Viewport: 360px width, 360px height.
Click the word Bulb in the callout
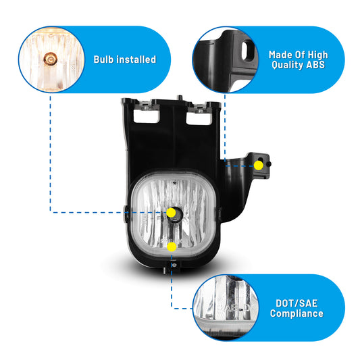point(103,59)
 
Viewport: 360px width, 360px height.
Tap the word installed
point(136,59)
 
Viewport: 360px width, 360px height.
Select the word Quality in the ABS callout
point(287,65)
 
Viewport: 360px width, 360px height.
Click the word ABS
point(315,65)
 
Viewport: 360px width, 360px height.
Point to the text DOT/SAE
point(297,303)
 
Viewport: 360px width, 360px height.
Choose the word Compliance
point(297,313)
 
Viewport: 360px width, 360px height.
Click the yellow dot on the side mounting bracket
point(258,165)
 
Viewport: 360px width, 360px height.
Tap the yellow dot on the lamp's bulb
point(171,213)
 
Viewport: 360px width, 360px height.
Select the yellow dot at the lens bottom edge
point(172,247)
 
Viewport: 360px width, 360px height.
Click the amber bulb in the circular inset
point(50,59)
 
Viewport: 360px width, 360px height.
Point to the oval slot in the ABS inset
point(248,50)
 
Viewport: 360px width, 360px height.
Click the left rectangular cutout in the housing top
point(147,116)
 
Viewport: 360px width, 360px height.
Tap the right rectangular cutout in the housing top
point(199,118)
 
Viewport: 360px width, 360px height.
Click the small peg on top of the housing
point(180,97)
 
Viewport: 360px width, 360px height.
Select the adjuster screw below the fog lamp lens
point(174,265)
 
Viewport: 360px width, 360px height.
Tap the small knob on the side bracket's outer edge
point(269,164)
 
